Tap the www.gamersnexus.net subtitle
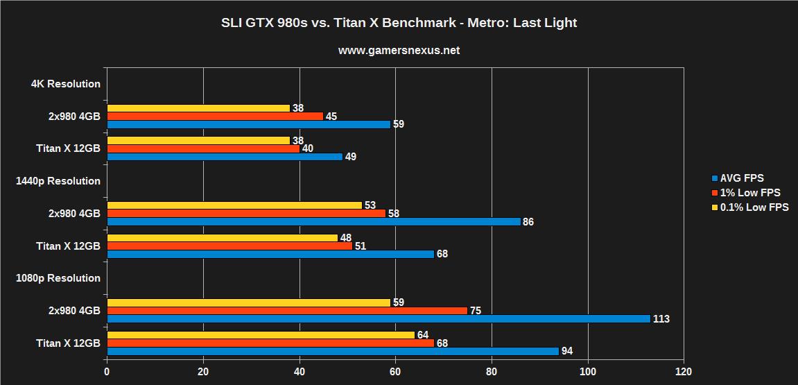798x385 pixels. pos(399,51)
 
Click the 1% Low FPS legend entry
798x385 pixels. pos(745,193)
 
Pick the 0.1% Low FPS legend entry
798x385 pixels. pos(749,207)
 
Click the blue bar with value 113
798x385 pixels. pos(378,318)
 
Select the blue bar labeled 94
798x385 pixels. pos(332,351)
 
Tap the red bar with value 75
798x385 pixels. pos(287,310)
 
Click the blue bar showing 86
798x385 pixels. pos(313,221)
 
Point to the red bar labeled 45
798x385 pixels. pos(215,116)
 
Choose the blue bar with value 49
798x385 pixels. pos(225,157)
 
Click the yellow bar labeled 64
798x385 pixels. pos(260,335)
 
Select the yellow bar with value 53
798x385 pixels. pos(234,205)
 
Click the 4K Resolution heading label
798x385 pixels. pos(66,84)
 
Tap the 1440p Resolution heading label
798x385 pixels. pos(58,181)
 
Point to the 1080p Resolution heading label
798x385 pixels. pos(58,278)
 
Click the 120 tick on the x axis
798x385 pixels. pos(684,372)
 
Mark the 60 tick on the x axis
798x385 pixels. pos(395,372)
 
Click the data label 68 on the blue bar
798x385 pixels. pos(442,254)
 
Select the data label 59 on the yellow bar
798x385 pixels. pos(398,302)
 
